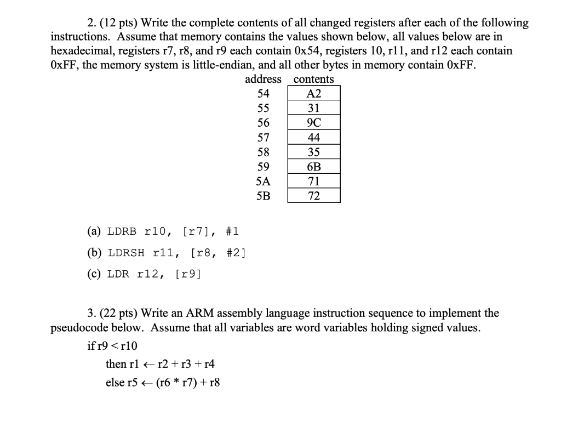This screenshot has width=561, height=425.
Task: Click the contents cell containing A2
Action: coord(314,94)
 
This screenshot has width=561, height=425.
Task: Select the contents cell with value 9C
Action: coord(314,123)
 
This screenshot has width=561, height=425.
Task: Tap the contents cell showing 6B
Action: coord(314,167)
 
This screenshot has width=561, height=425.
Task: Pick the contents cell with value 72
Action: coord(314,196)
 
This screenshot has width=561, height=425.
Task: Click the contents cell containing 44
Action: coord(314,138)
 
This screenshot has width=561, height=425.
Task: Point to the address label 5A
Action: coord(263,182)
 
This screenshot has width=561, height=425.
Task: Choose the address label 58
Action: coord(263,152)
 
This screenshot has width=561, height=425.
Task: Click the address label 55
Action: coord(263,109)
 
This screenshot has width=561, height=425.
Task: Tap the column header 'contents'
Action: coord(314,80)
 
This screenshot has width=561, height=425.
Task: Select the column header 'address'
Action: coord(263,80)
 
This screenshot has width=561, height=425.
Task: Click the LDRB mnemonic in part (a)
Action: coord(121,232)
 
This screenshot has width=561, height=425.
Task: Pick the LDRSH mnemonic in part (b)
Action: coord(127,253)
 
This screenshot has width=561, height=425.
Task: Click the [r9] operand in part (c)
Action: coord(188,274)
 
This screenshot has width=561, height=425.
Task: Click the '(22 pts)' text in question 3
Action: coord(121,313)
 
